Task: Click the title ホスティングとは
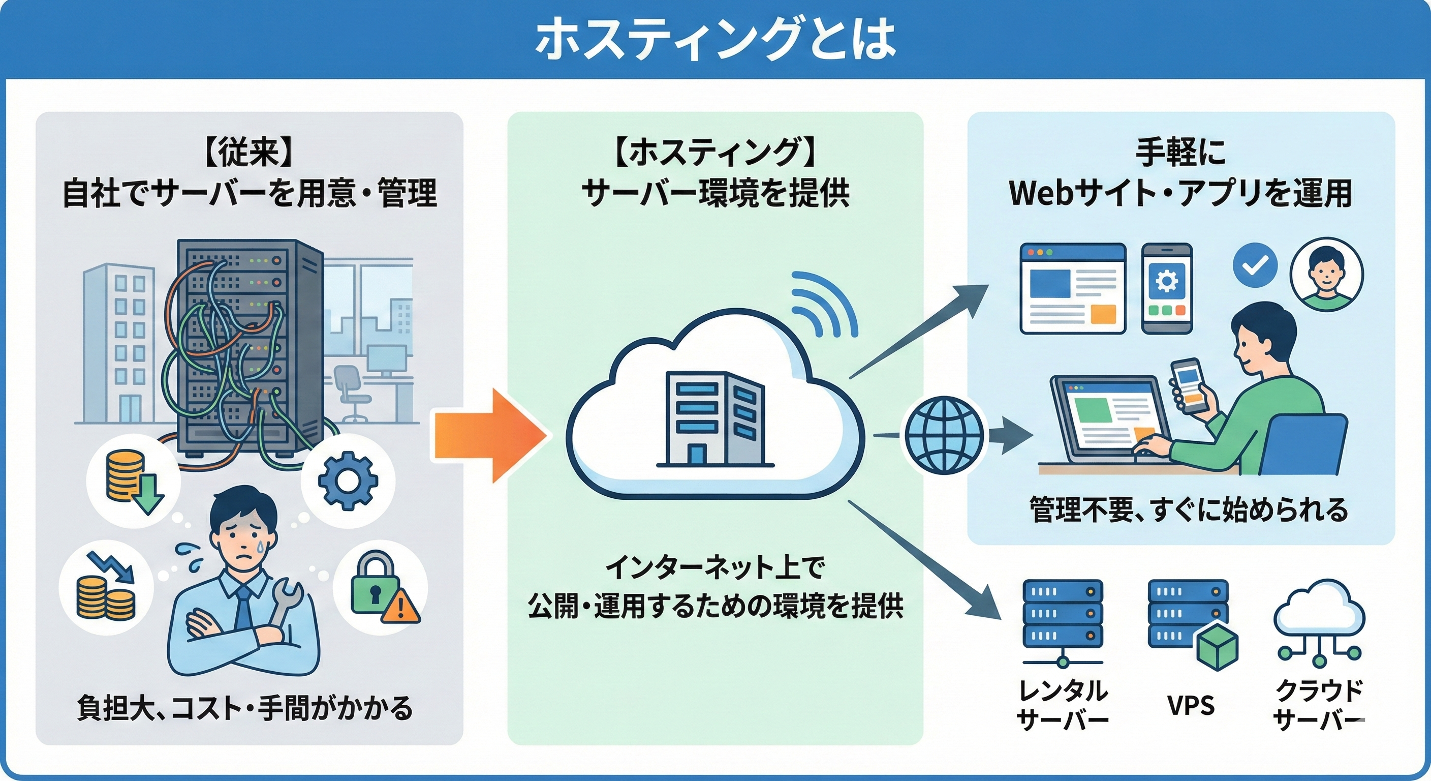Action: point(715,40)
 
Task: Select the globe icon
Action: point(944,435)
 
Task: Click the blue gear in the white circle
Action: point(348,480)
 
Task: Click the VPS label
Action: point(1191,705)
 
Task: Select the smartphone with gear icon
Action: point(1167,288)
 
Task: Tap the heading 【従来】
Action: point(248,153)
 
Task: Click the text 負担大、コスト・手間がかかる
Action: point(245,708)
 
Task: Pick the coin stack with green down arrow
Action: point(133,481)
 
